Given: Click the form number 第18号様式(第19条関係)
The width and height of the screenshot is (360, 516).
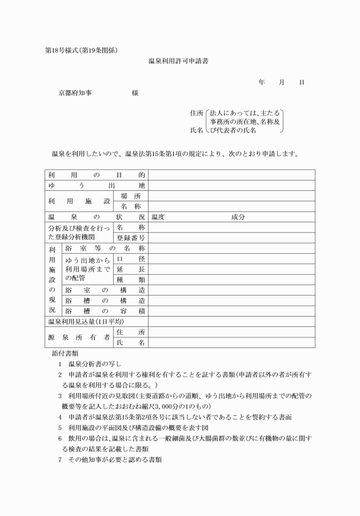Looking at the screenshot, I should coord(82,50).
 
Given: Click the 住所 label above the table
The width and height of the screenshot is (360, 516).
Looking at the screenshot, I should coord(197,113).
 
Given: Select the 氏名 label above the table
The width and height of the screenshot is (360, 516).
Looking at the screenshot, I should coord(197,130).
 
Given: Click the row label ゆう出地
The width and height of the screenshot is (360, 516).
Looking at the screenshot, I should coord(96,186).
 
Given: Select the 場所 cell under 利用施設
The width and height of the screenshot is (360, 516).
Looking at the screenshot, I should coord(131,196).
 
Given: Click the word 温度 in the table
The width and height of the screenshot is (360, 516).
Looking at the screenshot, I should coord(158,217).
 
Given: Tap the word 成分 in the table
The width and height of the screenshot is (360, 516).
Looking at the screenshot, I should coord(238,217).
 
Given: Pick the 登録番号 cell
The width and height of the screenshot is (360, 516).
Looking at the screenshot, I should coord(131,238).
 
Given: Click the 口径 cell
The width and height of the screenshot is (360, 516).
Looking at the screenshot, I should coord(131,258).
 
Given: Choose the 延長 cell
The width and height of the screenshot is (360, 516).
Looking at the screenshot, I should coord(131,269).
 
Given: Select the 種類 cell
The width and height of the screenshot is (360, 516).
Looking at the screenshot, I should coord(131,279).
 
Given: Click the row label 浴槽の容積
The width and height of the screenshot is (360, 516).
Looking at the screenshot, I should coord(105,311).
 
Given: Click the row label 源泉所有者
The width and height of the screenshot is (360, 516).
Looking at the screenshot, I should coord(79,337).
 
